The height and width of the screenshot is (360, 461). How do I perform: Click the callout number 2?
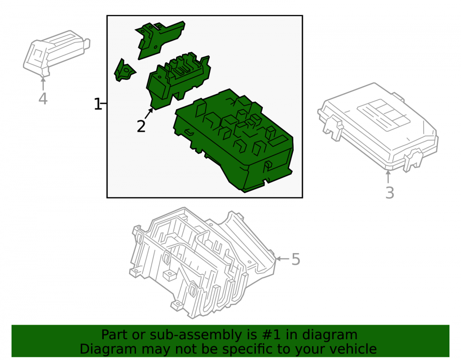(141, 126)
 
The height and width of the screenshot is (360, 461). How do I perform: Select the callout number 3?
(390, 193)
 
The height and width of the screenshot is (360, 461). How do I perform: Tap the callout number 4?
(43, 99)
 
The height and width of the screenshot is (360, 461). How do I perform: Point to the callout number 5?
(296, 260)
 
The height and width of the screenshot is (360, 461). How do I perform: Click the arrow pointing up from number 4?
(43, 83)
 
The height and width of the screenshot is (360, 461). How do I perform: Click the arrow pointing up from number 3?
(388, 177)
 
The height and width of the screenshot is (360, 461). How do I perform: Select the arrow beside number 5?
(283, 259)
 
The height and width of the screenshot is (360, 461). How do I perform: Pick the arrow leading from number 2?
(149, 113)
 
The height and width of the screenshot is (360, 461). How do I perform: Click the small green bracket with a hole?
(124, 71)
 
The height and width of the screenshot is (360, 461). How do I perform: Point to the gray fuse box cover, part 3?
(378, 127)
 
